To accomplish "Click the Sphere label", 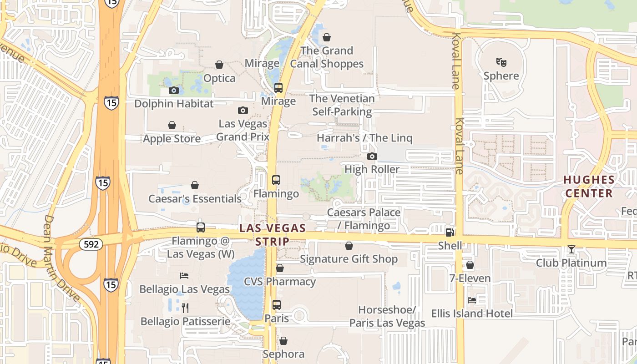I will click(501, 76).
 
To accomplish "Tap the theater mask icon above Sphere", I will click(501, 62).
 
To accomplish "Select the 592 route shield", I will click(91, 244).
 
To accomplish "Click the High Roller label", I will click(372, 169).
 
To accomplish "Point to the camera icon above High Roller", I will click(372, 157).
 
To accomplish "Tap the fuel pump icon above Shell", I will click(450, 232).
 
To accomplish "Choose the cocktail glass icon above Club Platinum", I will click(571, 249).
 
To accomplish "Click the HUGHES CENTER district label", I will click(589, 187).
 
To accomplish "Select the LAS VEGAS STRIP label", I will click(273, 234).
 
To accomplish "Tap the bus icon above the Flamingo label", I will click(276, 180).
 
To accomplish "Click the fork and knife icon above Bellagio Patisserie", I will click(185, 308).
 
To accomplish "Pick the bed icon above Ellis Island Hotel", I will click(472, 300).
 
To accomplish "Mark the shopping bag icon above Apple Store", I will click(172, 125).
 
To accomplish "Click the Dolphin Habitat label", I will click(173, 104).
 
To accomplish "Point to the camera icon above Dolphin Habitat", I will click(173, 90).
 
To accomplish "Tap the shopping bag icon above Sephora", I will click(283, 341).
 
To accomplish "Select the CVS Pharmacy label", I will click(279, 282).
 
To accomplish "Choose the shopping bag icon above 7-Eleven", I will click(470, 265).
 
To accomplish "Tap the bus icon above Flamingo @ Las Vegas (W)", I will click(200, 227).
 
